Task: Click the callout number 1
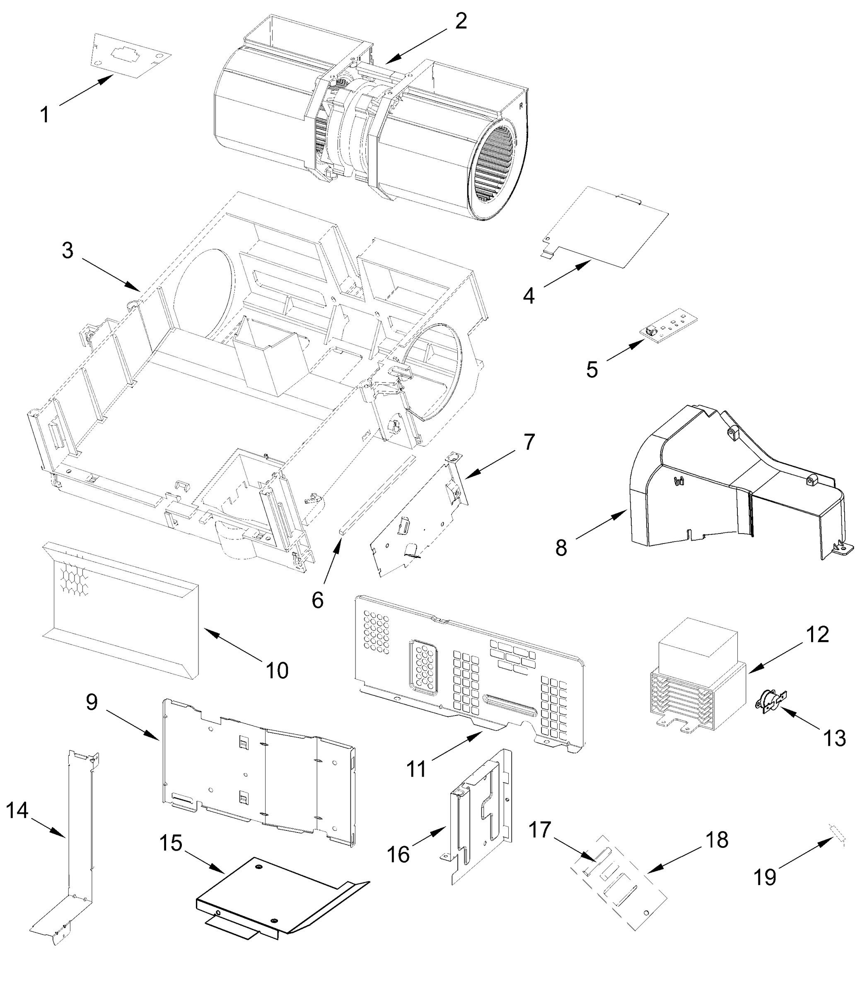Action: pos(45,115)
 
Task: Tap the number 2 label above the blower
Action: pos(461,21)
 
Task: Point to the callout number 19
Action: pos(764,877)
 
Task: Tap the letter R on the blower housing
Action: pos(521,107)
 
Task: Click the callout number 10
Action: pos(277,670)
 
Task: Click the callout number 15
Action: pos(171,843)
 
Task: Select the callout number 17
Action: pos(540,829)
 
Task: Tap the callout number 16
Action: pos(399,854)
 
